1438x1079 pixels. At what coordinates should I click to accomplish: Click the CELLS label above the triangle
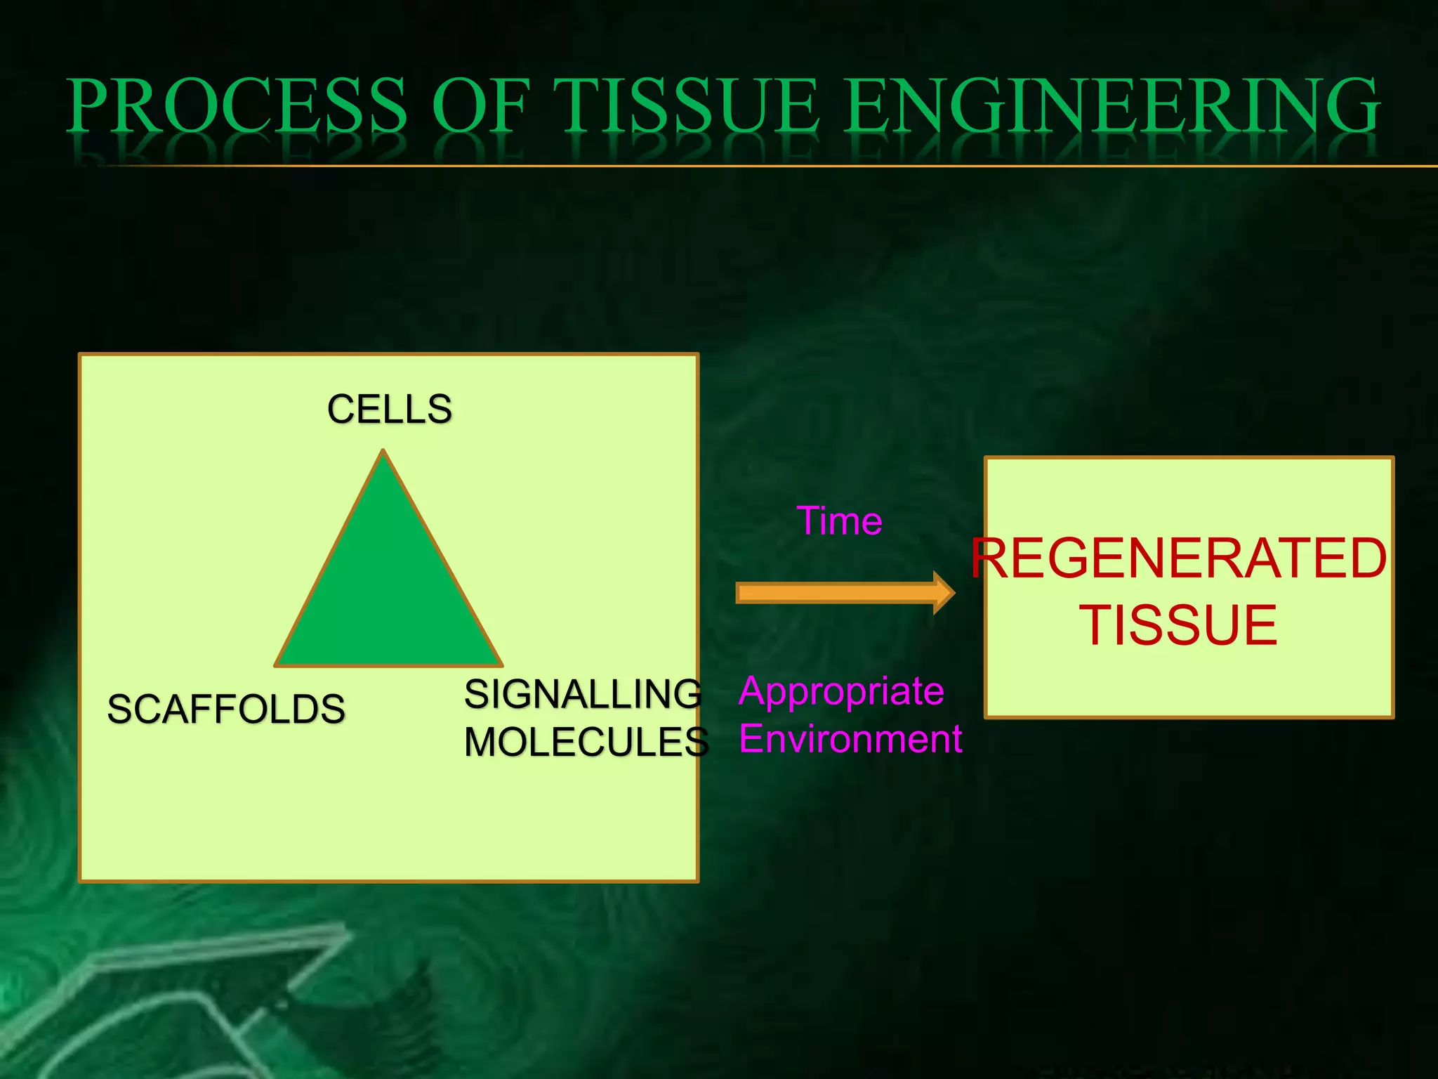pyautogui.click(x=389, y=409)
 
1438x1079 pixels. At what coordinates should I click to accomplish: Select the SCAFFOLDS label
pyautogui.click(x=226, y=709)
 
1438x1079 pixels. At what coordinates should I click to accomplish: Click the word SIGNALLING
pyautogui.click(x=583, y=694)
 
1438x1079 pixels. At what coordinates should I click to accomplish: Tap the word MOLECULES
pyautogui.click(x=586, y=742)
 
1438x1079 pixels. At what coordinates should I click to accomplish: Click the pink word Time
pyautogui.click(x=840, y=521)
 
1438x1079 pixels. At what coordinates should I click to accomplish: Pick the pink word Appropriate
pyautogui.click(x=841, y=691)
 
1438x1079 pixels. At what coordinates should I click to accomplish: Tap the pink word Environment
pyautogui.click(x=850, y=739)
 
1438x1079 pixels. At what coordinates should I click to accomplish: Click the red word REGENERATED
pyautogui.click(x=1180, y=558)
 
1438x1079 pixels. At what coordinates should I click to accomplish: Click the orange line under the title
pyautogui.click(x=772, y=166)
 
